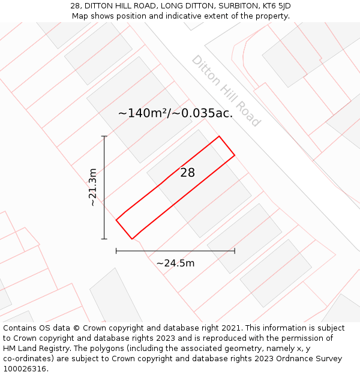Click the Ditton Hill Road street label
[x=226, y=91]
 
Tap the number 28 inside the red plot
[x=188, y=173]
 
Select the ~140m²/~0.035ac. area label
[x=175, y=113]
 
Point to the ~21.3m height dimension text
[x=92, y=187]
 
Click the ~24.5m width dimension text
[x=175, y=263]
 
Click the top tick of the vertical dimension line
[x=104, y=136]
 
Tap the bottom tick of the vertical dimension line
[x=104, y=239]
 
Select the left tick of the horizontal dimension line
[x=116, y=251]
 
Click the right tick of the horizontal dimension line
[x=235, y=251]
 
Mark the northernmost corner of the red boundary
[x=219, y=136]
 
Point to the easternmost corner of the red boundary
[x=235, y=155]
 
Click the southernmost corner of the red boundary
[x=131, y=239]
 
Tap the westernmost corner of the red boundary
[x=116, y=220]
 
